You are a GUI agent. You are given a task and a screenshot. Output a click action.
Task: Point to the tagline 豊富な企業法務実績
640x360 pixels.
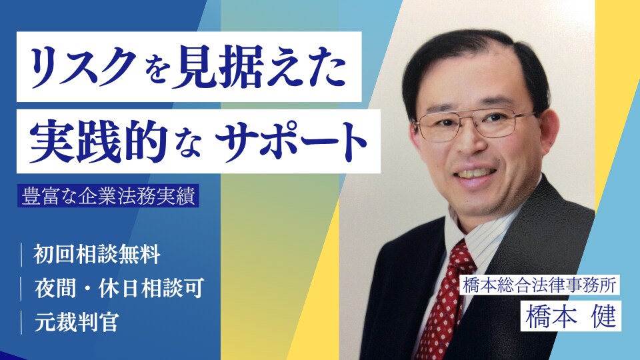coord(110,199)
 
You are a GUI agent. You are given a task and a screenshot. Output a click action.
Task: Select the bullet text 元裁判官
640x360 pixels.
coord(77,323)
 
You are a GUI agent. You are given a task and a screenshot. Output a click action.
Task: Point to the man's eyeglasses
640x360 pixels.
coord(469,124)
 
